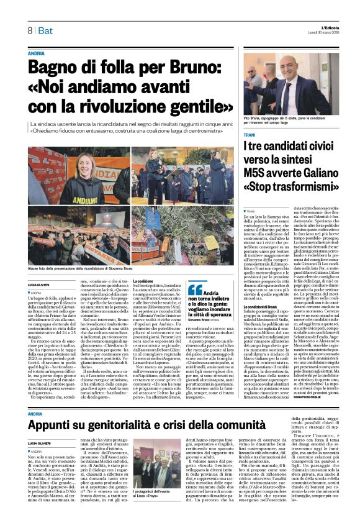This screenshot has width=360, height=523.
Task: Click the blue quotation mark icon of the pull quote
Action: pos(195,289)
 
